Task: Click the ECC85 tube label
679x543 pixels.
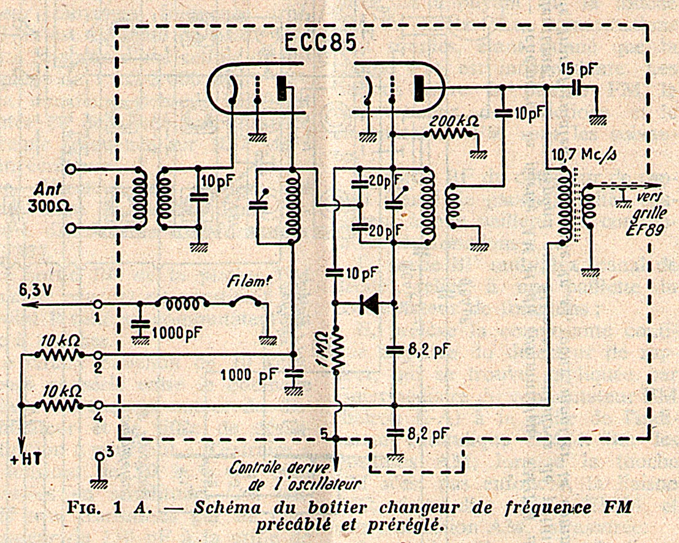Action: (320, 42)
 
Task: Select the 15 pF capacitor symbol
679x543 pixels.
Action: (576, 88)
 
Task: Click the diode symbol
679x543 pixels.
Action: (370, 303)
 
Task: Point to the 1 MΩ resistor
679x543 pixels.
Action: (337, 350)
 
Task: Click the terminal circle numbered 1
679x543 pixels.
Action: (99, 303)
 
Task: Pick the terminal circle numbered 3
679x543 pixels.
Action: (99, 455)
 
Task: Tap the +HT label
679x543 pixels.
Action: (26, 459)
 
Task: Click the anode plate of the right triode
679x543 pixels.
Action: (419, 88)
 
